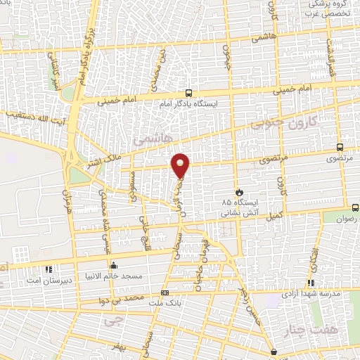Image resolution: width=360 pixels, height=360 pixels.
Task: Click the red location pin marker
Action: pos(181,165)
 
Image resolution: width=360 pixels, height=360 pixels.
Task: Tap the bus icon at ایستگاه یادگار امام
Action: pos(188,93)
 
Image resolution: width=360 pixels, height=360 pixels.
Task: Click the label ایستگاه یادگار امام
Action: pos(188,104)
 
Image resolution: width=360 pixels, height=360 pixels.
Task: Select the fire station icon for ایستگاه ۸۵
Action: pos(239,191)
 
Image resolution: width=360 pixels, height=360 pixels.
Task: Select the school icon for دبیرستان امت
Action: pos(49,269)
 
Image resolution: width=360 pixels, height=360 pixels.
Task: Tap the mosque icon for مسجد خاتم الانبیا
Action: pos(114,265)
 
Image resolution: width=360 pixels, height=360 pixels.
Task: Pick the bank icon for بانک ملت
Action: pos(165,292)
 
